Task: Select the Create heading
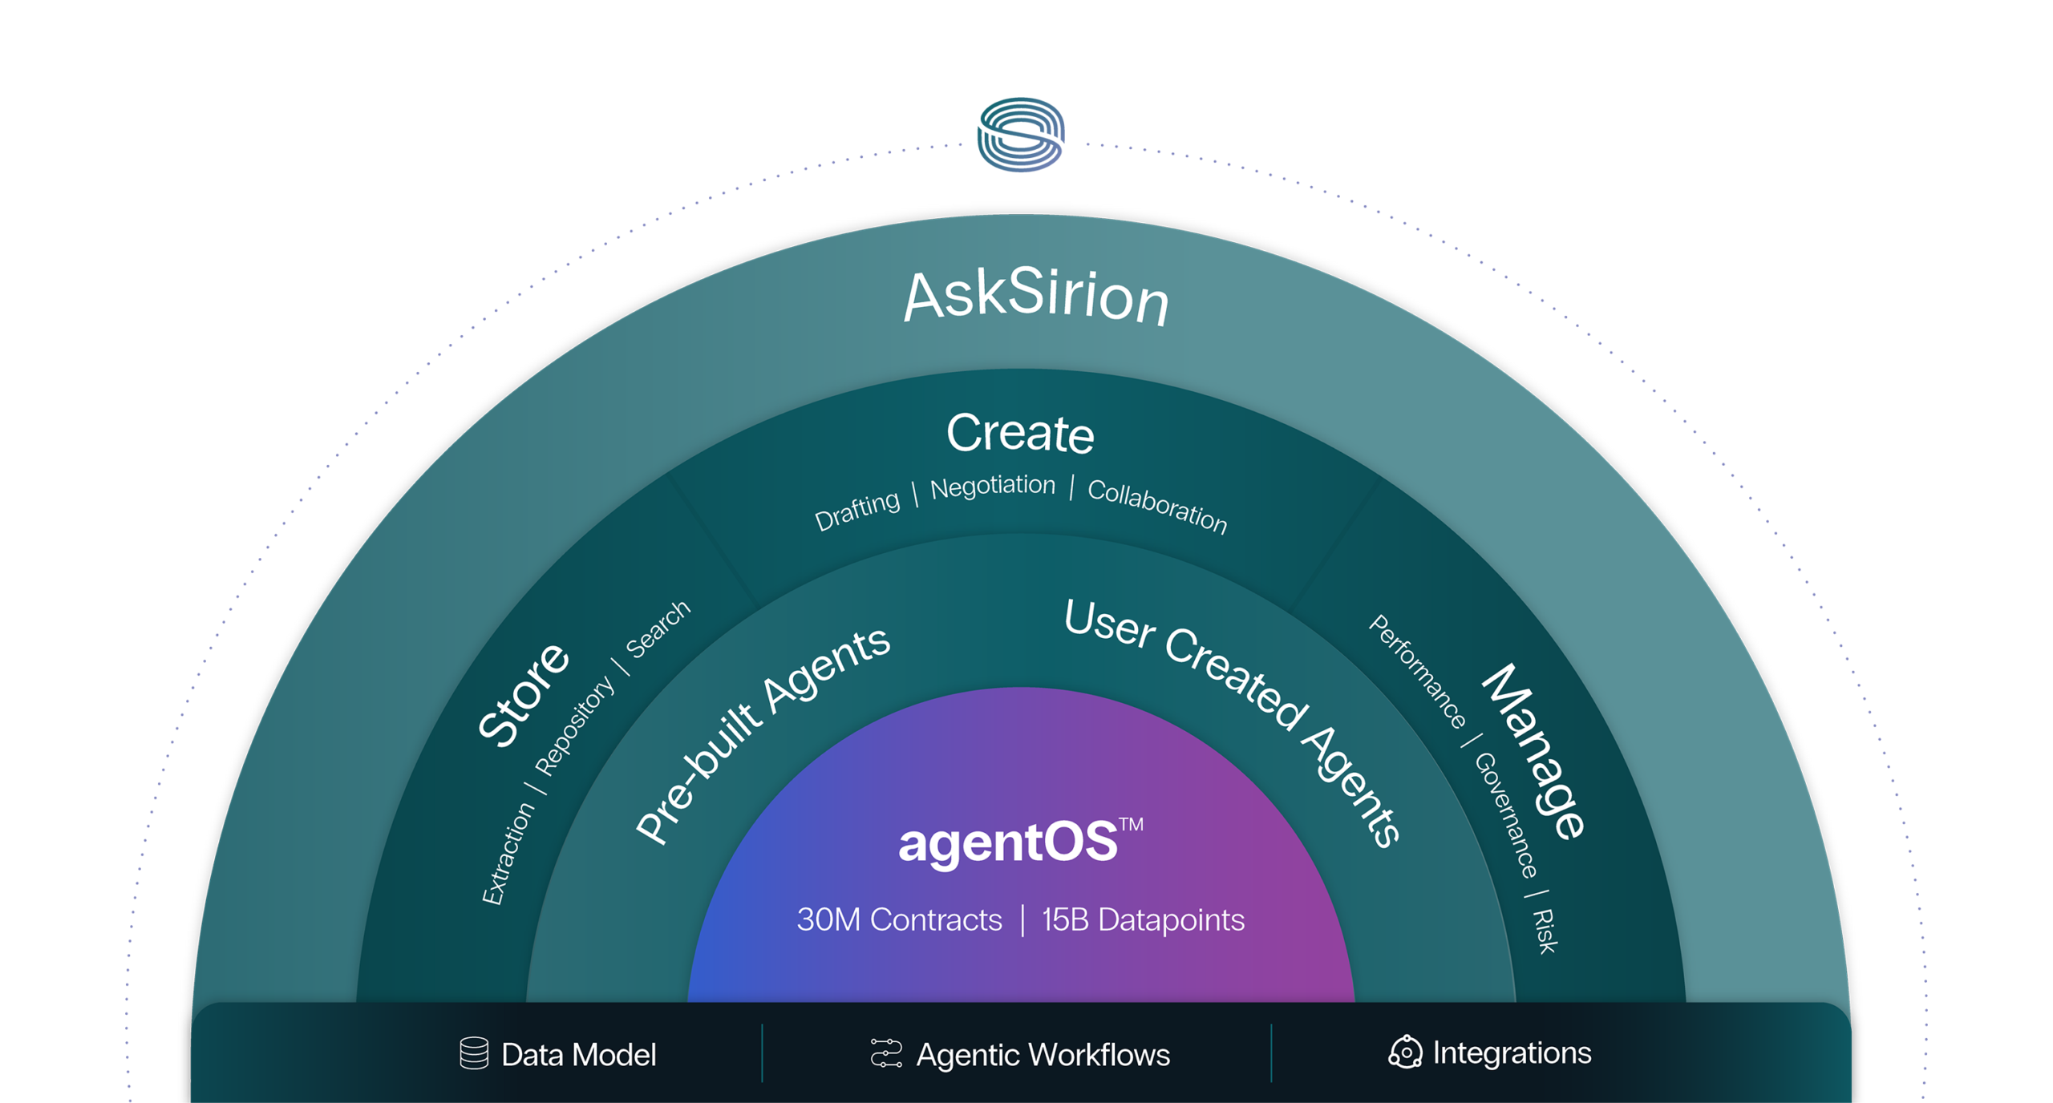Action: tap(1020, 434)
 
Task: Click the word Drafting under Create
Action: tap(857, 511)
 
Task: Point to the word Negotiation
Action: tap(993, 486)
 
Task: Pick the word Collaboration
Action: tap(1157, 506)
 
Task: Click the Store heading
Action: tap(523, 694)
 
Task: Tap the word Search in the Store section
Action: tap(658, 629)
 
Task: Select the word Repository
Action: tap(574, 725)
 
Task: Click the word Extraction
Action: tap(508, 853)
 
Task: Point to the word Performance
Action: tap(1417, 672)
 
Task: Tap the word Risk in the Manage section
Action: tap(1545, 931)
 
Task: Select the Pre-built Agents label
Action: tap(762, 733)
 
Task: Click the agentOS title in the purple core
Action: tap(1008, 842)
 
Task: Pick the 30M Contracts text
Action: tap(899, 920)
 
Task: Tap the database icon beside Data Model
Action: tap(474, 1053)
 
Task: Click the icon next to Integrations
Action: tap(1405, 1052)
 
